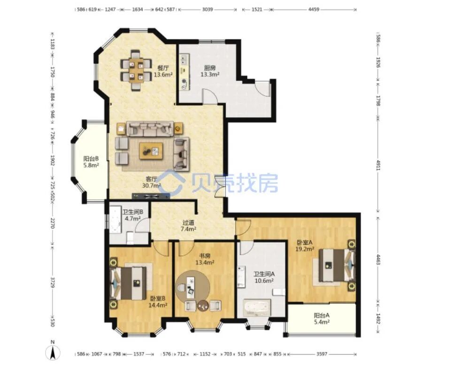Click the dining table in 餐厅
click(136, 69)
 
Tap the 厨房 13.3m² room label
click(210, 71)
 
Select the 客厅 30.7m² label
click(152, 182)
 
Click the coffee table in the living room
click(151, 151)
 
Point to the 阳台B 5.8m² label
click(91, 162)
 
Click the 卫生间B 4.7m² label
click(133, 215)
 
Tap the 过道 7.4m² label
click(188, 226)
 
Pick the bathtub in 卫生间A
click(257, 308)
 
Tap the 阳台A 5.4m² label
click(322, 319)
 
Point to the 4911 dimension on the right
click(378, 165)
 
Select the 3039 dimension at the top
click(208, 9)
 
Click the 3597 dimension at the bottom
click(322, 354)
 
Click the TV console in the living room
click(151, 196)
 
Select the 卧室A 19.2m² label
click(305, 245)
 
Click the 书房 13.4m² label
click(205, 259)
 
